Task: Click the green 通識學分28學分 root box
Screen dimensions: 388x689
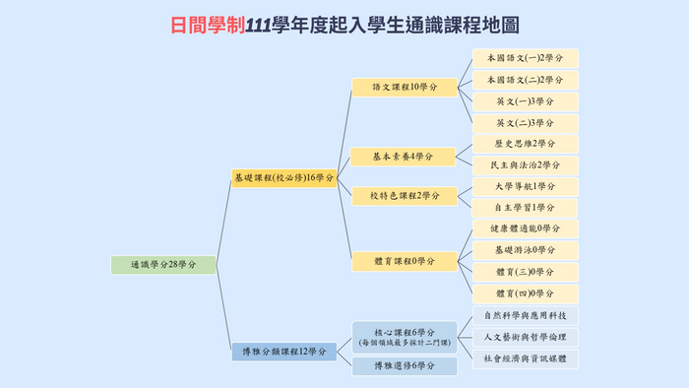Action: (163, 264)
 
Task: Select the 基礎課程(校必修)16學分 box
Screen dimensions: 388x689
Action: (284, 178)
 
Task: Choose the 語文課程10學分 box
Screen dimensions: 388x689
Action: (405, 88)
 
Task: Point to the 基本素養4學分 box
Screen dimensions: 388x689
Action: (405, 157)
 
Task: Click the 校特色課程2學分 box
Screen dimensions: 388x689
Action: (405, 196)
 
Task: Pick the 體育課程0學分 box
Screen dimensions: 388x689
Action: (405, 261)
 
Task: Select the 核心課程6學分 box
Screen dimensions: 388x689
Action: (405, 336)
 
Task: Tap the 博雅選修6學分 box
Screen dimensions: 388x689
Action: (405, 366)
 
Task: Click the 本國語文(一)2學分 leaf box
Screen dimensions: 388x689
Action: (526, 58)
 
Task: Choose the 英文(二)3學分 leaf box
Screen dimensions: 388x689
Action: (526, 123)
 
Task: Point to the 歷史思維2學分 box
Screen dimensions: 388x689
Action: (526, 144)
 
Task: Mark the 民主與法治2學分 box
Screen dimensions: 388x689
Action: (526, 165)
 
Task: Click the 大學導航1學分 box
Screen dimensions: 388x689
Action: (526, 186)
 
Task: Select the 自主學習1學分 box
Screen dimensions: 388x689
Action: (526, 208)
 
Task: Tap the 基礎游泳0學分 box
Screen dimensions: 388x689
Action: (526, 250)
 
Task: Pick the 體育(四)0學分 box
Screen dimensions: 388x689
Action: (526, 293)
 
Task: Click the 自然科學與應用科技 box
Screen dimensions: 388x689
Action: (526, 315)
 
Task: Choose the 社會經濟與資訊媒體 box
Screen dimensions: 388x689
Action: (526, 358)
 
